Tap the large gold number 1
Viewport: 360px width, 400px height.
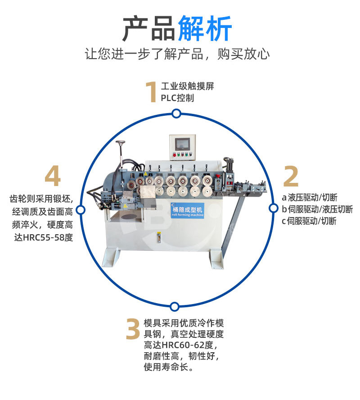tap(151, 92)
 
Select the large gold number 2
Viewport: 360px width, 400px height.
tap(291, 177)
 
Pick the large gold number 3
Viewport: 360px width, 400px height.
tap(133, 330)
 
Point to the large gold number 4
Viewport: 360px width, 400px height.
tap(53, 177)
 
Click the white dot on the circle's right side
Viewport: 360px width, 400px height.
tap(273, 208)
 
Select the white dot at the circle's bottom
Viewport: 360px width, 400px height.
tap(175, 307)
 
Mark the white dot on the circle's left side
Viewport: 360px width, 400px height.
tap(81, 210)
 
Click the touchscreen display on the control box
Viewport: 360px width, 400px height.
tap(182, 144)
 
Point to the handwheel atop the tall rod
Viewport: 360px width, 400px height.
tap(121, 144)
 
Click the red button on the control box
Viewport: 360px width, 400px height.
tap(175, 156)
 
